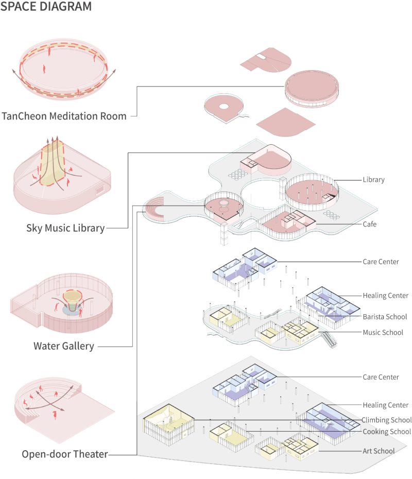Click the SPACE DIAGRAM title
point(46,7)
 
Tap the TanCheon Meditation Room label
point(64,116)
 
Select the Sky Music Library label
point(65,227)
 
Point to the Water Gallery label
point(64,346)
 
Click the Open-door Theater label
point(65,454)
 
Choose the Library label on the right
point(373,180)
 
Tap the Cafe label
point(369,224)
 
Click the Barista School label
point(385,316)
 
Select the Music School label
point(383,332)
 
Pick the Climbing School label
point(386,420)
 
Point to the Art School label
point(379,451)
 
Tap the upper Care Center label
point(381,262)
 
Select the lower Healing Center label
point(385,405)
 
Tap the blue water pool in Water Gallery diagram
point(72,312)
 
